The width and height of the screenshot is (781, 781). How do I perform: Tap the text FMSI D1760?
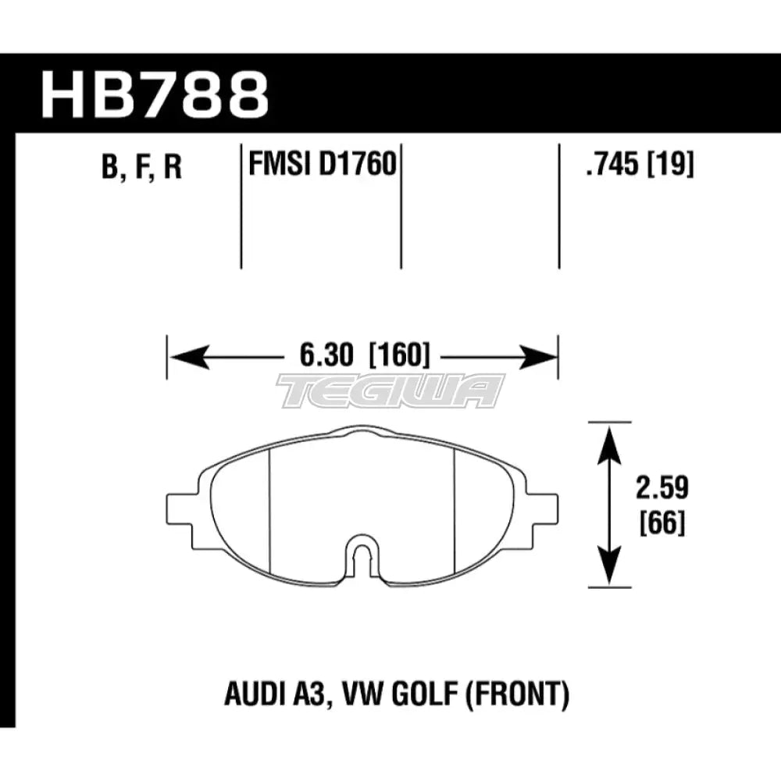319,166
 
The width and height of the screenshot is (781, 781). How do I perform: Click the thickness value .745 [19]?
633,166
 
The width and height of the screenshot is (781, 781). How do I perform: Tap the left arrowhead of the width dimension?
184,358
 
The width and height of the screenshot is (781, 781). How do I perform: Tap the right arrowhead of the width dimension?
540,358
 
